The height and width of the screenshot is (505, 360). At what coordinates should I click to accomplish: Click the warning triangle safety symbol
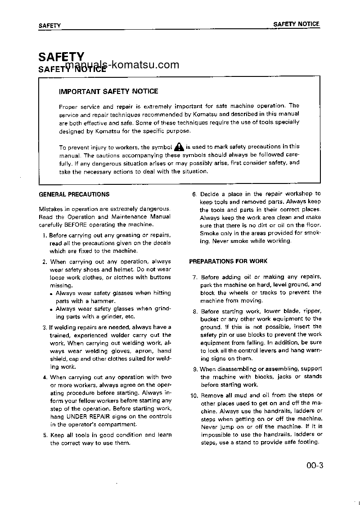(179, 146)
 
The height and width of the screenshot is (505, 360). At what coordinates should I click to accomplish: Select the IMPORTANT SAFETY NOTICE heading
(108, 91)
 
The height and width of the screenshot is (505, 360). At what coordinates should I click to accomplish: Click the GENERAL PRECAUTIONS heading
(74, 194)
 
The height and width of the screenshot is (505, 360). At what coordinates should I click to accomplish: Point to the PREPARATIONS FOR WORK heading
(228, 261)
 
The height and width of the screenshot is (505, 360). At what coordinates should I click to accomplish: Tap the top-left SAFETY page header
(49, 26)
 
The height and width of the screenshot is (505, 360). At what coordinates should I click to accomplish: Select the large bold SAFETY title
(61, 57)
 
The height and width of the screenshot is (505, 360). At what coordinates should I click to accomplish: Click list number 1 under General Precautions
(45, 235)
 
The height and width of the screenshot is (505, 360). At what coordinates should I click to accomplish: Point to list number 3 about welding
(45, 327)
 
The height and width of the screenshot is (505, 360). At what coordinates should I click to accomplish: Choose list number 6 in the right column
(194, 194)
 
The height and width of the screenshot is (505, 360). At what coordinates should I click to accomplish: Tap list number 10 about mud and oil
(194, 396)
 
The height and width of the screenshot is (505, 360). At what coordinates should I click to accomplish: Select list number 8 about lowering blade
(195, 311)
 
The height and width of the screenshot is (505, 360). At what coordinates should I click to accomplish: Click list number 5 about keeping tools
(45, 435)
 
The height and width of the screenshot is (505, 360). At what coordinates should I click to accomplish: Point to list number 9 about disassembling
(195, 369)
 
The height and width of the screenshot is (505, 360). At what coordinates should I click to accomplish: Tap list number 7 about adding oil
(195, 277)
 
